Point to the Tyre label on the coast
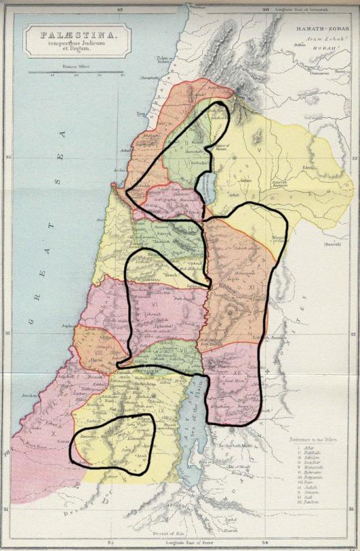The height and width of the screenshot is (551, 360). point(141,114)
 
